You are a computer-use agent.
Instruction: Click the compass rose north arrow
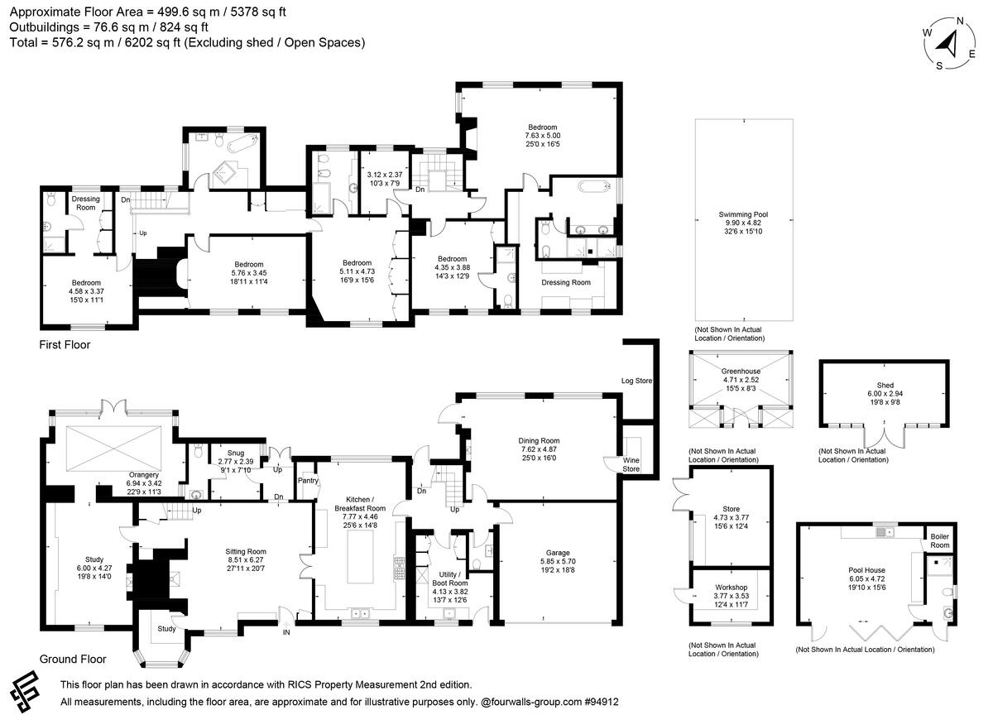point(949,43)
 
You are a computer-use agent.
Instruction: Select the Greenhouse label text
point(741,372)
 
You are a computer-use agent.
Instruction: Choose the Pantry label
point(307,480)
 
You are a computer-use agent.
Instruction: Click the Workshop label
point(731,587)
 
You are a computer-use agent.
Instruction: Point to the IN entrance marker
point(286,632)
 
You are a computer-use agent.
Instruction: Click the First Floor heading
point(65,344)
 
